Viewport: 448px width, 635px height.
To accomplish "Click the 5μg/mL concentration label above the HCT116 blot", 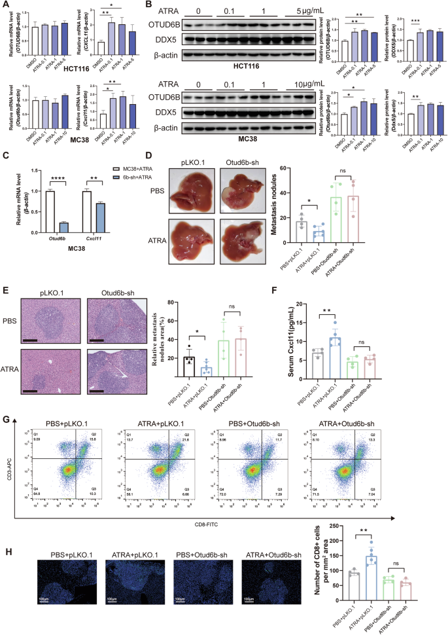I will tap(294, 10).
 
